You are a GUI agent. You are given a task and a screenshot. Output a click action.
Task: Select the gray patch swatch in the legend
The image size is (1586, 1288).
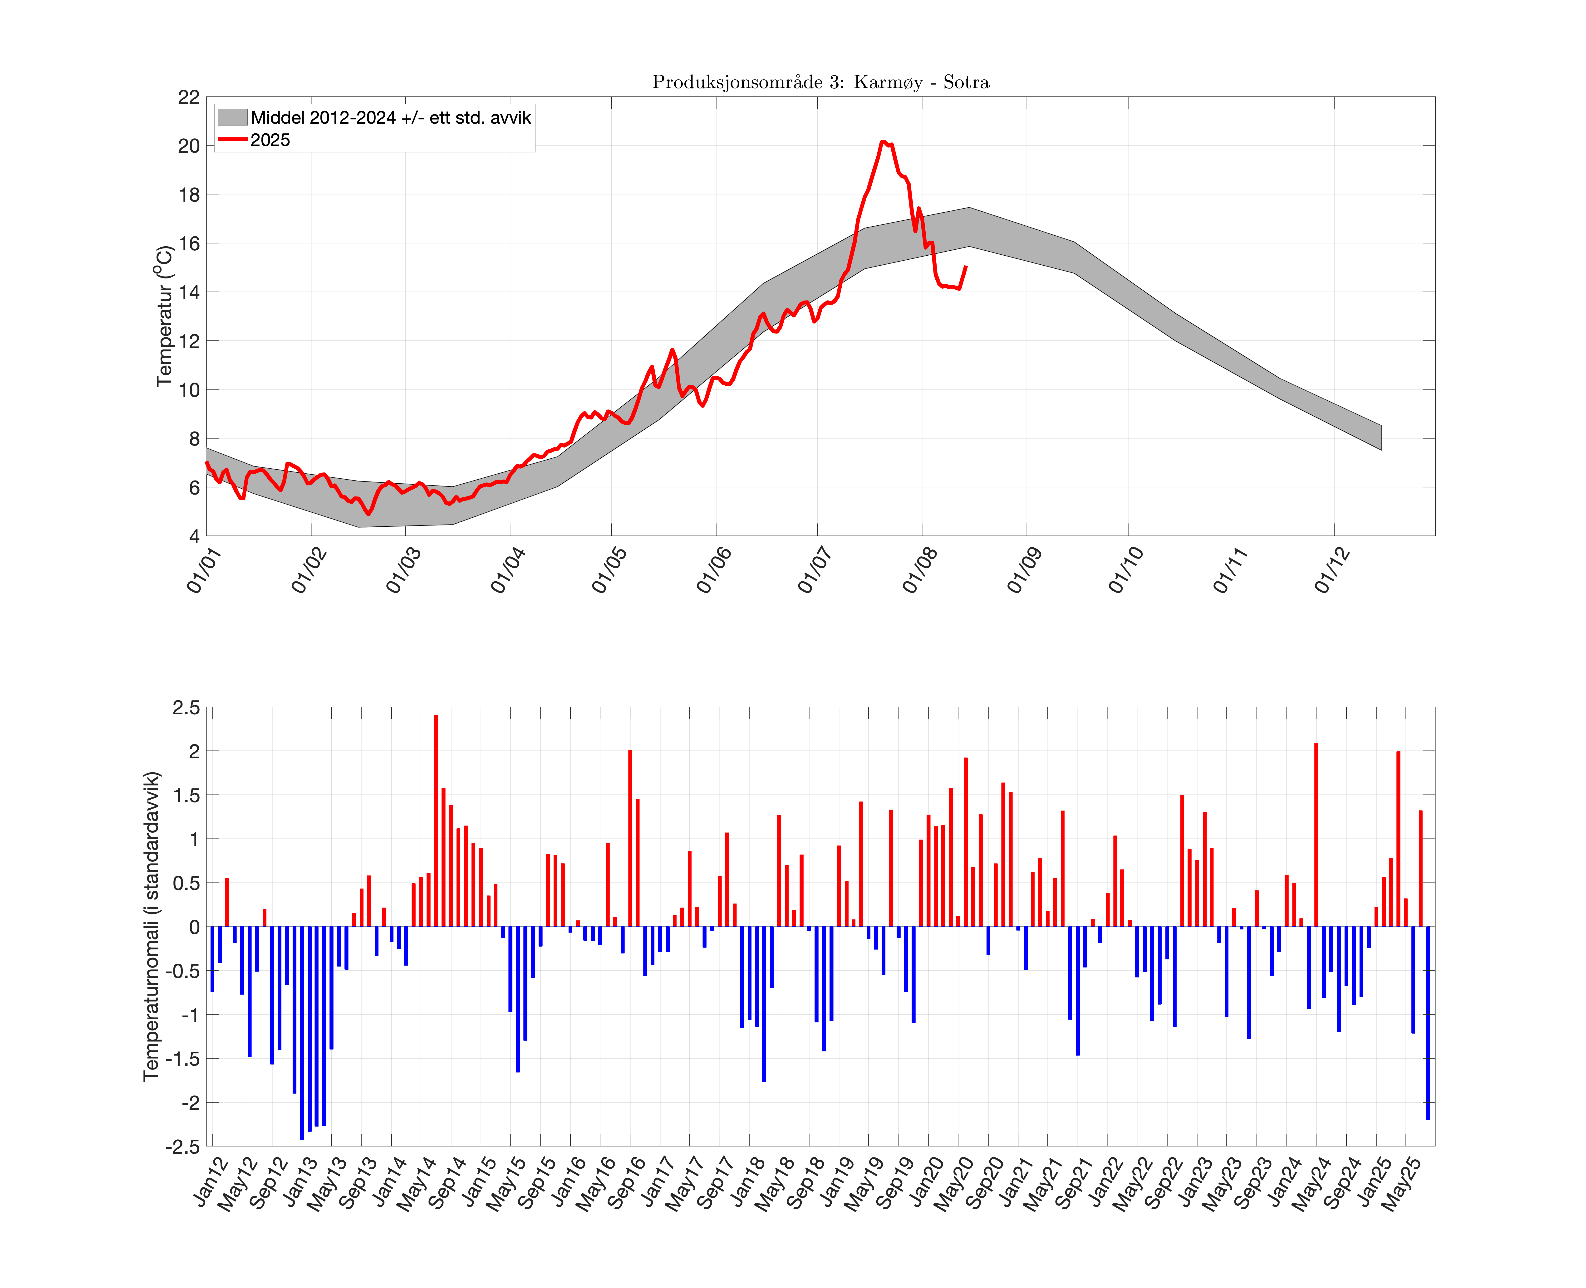point(231,117)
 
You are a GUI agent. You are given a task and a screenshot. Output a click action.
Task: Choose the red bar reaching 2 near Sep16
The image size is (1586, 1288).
point(630,838)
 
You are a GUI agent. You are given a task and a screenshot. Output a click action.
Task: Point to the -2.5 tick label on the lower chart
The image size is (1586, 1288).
point(182,1146)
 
